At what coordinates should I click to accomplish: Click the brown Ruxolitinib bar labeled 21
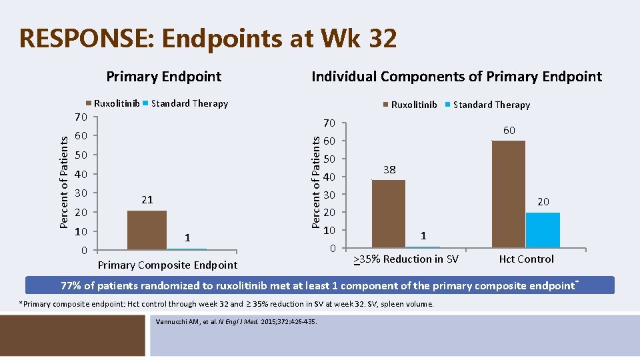coord(147,230)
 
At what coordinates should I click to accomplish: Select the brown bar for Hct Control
coord(508,194)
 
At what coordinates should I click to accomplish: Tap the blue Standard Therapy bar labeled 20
coord(543,230)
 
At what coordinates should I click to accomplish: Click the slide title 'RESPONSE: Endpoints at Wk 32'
coord(208,39)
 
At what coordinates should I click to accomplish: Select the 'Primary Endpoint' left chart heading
coord(164,76)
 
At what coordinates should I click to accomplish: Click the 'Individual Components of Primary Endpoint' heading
coord(457,76)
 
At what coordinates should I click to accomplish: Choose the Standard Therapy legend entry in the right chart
coord(491,105)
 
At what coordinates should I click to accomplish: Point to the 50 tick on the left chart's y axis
coord(81,155)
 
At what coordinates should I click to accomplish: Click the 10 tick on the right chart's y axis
coord(329,231)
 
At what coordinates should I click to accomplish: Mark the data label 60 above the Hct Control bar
coord(509,131)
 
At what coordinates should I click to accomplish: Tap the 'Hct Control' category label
coord(526,259)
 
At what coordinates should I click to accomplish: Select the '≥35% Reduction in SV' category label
coord(405,259)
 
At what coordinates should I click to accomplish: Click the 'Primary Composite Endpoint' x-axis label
coord(167,265)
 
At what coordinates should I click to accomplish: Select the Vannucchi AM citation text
coord(236,322)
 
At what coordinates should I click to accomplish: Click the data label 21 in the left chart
coord(147,200)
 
